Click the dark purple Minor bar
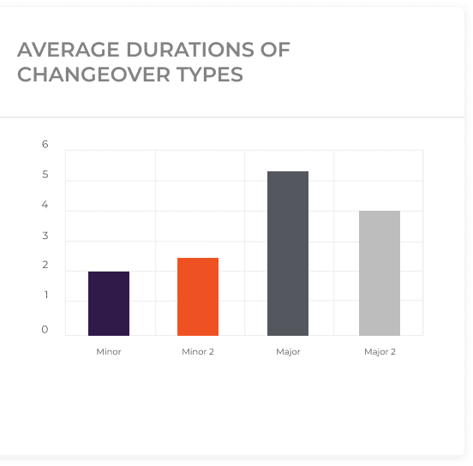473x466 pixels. pos(109,303)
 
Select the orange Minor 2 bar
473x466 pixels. pos(198,296)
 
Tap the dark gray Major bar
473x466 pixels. pos(288,254)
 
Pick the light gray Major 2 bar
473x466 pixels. pos(380,273)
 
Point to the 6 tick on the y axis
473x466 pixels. pos(45,144)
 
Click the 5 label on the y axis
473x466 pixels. pos(45,175)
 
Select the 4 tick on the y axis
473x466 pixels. pos(45,205)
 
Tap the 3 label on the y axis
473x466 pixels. pos(45,236)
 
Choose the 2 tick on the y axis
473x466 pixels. pos(45,265)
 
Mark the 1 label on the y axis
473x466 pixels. pos(46,295)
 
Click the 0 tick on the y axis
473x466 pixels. pos(45,329)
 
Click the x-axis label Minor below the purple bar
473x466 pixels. pos(109,352)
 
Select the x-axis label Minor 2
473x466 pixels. pos(198,352)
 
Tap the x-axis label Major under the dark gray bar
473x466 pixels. pos(288,352)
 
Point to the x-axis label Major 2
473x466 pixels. pos(380,352)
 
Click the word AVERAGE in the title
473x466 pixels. pos(69,50)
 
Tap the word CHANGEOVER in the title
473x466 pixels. pos(93,75)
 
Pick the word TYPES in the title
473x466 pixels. pos(210,75)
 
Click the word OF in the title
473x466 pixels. pos(275,50)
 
